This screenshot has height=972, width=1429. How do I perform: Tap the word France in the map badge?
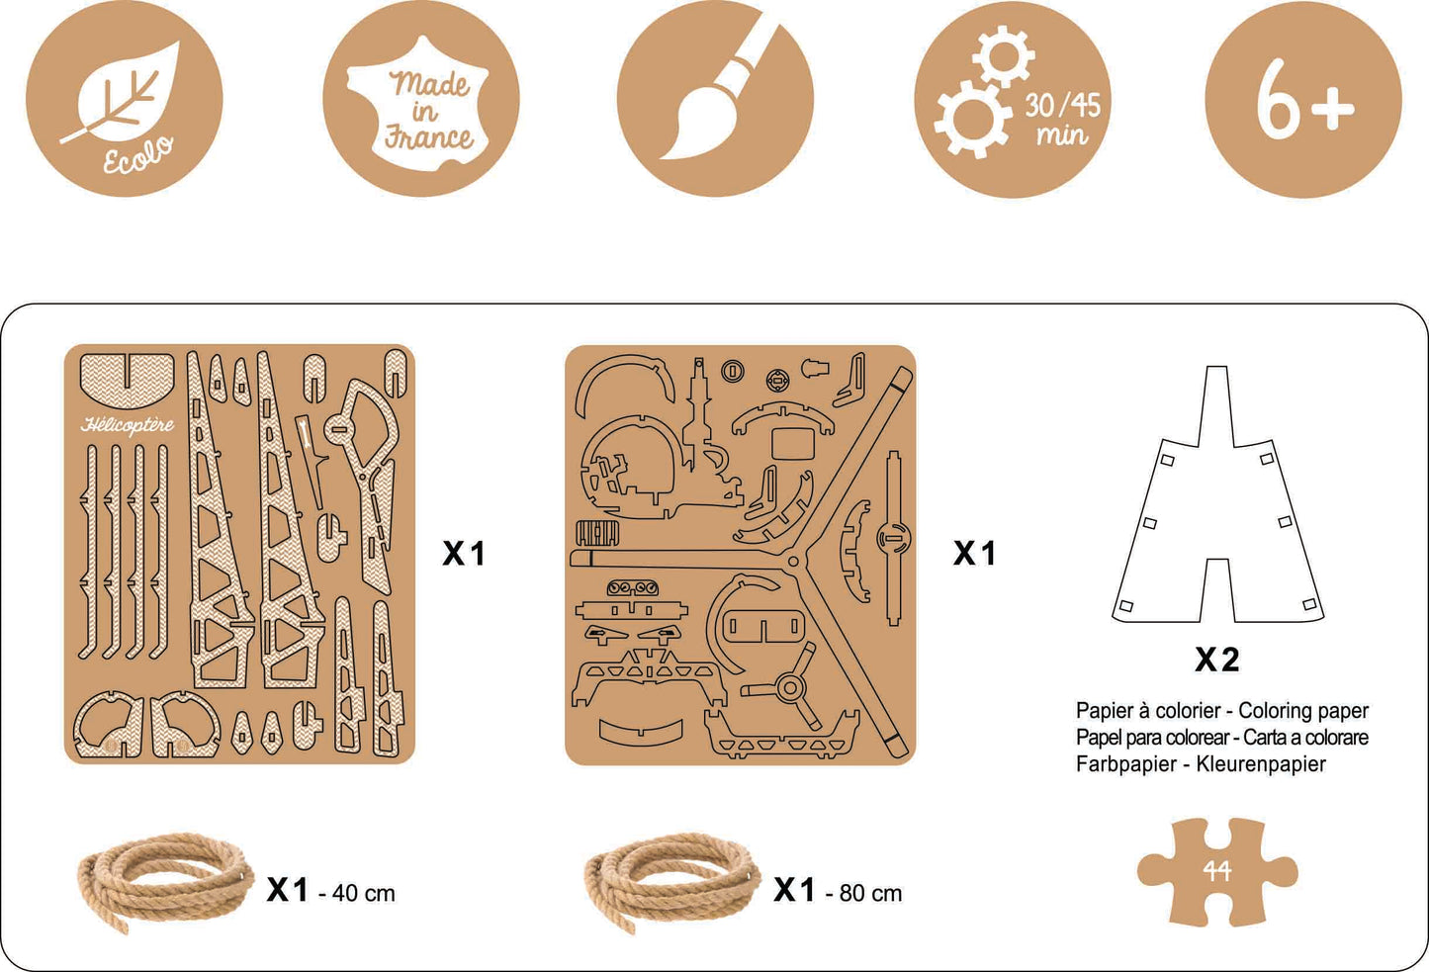[429, 137]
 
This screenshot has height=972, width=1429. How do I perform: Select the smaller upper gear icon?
[1004, 56]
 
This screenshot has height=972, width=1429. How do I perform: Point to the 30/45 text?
[1063, 106]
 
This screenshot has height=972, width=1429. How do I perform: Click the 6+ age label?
[1304, 99]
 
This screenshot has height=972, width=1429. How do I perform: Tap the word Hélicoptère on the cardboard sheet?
[128, 425]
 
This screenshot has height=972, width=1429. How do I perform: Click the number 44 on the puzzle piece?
[1216, 870]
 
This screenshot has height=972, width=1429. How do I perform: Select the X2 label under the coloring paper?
[1217, 660]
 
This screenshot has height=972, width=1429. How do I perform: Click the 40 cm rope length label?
[364, 894]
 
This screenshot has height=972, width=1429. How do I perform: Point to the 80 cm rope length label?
[871, 894]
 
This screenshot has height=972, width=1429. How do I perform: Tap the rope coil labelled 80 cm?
[672, 881]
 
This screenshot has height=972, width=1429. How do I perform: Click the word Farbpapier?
[1126, 764]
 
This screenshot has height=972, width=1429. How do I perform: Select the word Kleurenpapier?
[1261, 763]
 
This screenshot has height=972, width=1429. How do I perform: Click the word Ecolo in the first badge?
[138, 155]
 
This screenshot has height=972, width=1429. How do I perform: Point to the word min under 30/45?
[1062, 135]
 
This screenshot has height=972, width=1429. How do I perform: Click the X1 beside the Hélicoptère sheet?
[464, 553]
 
